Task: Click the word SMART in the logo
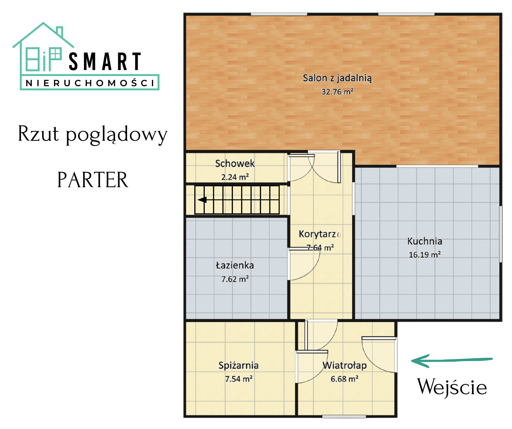click(x=105, y=62)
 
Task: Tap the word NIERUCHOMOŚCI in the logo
click(x=90, y=83)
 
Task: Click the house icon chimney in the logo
click(x=60, y=32)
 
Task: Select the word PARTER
click(x=93, y=180)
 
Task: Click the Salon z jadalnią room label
click(x=337, y=78)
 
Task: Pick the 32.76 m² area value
click(x=337, y=92)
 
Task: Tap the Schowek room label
click(x=235, y=164)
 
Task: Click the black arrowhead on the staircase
click(x=202, y=200)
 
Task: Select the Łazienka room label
click(x=235, y=265)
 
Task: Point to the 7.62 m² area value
click(x=235, y=279)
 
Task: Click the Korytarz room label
click(x=317, y=234)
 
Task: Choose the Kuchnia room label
click(x=425, y=241)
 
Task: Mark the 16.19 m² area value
click(x=425, y=255)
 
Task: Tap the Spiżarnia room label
click(x=238, y=365)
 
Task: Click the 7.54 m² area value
click(x=239, y=379)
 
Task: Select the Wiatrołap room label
click(x=345, y=365)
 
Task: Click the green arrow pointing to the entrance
click(x=452, y=361)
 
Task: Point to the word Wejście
click(x=452, y=387)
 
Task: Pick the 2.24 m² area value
click(x=235, y=177)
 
